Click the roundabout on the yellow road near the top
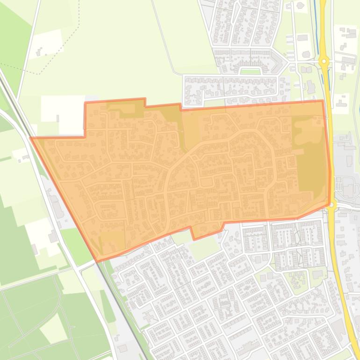[x=324, y=61]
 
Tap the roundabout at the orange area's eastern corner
[x=331, y=204]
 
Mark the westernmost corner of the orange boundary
[x=31, y=138]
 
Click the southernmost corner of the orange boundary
[x=97, y=260]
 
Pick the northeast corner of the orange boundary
[x=323, y=101]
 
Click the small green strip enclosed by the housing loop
[x=250, y=72]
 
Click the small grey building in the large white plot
[x=58, y=119]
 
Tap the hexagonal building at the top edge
[x=300, y=6]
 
